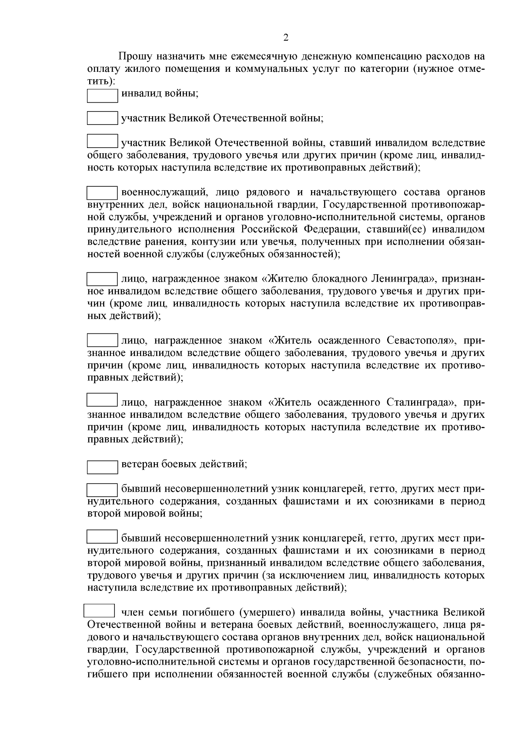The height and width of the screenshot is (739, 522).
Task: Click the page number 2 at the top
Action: (286, 38)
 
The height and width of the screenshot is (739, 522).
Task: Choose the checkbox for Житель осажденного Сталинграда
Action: (102, 400)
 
